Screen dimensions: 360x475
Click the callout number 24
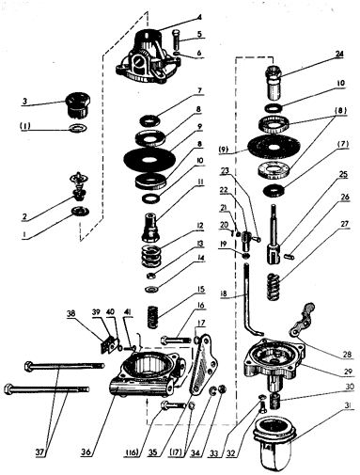(x=338, y=54)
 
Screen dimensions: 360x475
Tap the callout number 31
(x=350, y=406)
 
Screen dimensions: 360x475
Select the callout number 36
(x=86, y=452)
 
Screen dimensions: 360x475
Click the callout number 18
(x=225, y=293)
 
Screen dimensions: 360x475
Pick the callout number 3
(x=24, y=102)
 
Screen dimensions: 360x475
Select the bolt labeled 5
(x=177, y=40)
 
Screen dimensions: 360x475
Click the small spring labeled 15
(x=152, y=317)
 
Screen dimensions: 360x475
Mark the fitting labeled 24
(x=274, y=82)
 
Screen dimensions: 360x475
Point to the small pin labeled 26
(x=290, y=257)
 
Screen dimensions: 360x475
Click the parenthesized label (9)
(x=224, y=150)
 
